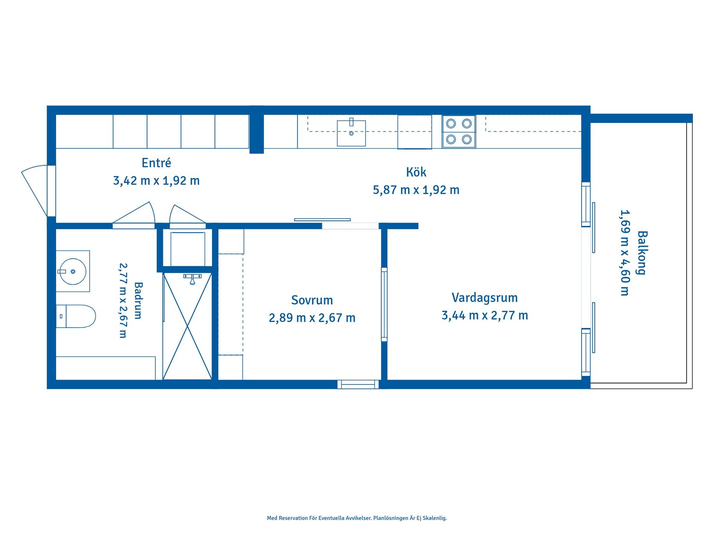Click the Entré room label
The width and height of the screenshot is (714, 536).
pyautogui.click(x=156, y=163)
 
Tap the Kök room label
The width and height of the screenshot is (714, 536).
pyautogui.click(x=416, y=172)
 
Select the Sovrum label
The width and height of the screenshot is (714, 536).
pyautogui.click(x=312, y=300)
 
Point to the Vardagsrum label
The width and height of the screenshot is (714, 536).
pyautogui.click(x=485, y=298)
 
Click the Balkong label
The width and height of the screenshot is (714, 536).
pyautogui.click(x=642, y=253)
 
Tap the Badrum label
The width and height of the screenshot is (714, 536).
pyautogui.click(x=138, y=300)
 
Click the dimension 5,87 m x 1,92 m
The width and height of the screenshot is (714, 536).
pyautogui.click(x=416, y=190)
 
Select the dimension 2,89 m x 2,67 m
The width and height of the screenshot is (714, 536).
pyautogui.click(x=312, y=318)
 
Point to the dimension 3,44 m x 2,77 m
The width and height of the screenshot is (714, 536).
pyautogui.click(x=485, y=316)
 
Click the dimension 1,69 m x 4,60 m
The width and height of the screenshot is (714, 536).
pyautogui.click(x=625, y=253)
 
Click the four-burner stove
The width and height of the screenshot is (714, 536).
pyautogui.click(x=459, y=132)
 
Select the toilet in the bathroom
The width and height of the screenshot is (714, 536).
pyautogui.click(x=76, y=316)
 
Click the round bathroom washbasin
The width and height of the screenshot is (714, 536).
pyautogui.click(x=73, y=272)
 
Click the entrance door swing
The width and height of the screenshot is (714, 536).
pyautogui.click(x=35, y=191)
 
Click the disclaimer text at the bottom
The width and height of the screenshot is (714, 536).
pyautogui.click(x=357, y=518)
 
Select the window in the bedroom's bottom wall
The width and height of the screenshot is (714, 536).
pyautogui.click(x=358, y=384)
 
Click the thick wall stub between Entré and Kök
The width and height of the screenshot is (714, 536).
pyautogui.click(x=257, y=130)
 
